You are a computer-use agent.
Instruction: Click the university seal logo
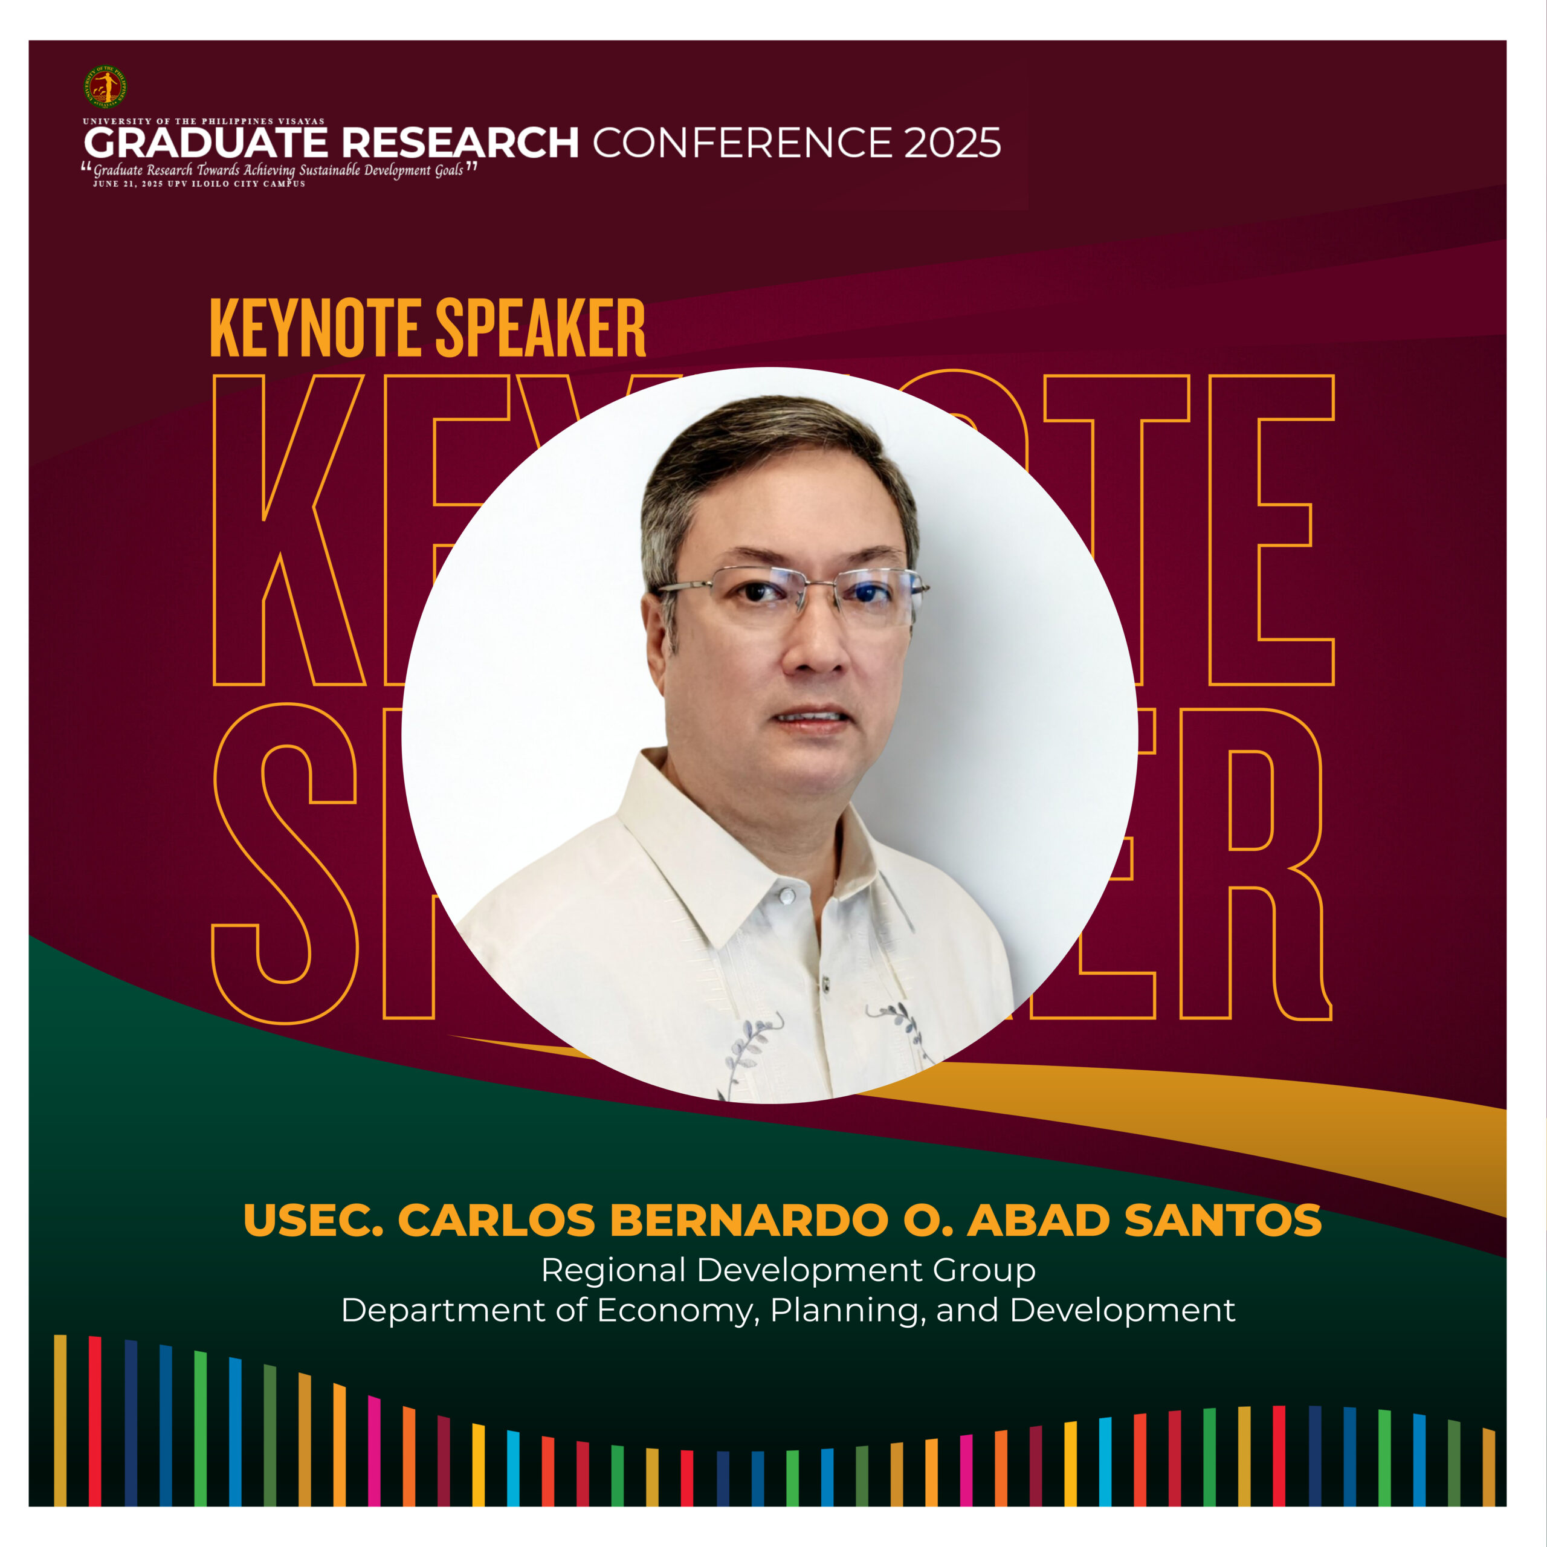click(x=104, y=86)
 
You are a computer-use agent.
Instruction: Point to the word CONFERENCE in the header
click(x=741, y=143)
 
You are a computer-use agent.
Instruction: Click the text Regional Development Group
click(x=789, y=1271)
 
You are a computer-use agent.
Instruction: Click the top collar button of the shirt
click(x=787, y=895)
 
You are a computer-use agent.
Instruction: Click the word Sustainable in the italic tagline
click(x=330, y=170)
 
